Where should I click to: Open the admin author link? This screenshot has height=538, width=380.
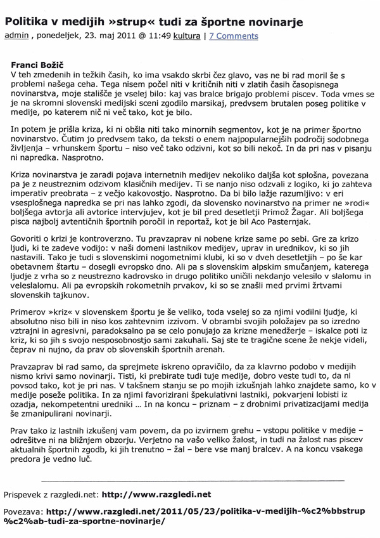tap(16, 36)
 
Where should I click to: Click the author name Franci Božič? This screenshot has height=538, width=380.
tap(40, 65)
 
